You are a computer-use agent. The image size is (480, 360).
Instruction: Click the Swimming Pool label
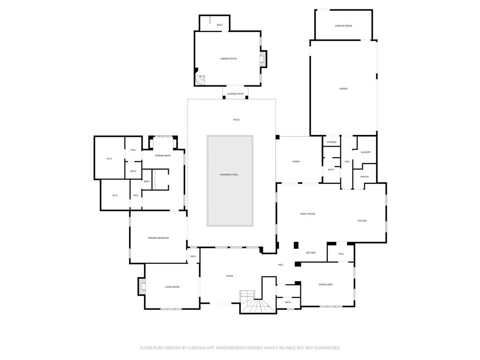click(x=229, y=174)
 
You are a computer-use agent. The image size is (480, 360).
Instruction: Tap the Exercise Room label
click(x=344, y=26)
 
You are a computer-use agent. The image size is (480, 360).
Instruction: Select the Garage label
click(x=344, y=89)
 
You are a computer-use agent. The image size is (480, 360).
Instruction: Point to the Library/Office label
click(x=228, y=59)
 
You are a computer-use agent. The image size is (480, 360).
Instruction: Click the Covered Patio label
click(x=235, y=94)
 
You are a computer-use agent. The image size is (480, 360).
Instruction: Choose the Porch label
click(x=296, y=162)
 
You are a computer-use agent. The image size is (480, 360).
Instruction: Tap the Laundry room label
click(x=366, y=152)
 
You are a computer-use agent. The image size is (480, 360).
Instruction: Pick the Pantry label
click(x=365, y=177)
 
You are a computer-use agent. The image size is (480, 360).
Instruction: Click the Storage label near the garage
click(x=331, y=142)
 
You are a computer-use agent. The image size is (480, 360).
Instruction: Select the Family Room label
click(x=307, y=214)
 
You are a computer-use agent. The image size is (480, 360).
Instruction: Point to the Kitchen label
click(x=362, y=221)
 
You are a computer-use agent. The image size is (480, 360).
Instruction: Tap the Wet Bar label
click(x=311, y=253)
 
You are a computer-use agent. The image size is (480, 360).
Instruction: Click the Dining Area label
click(x=326, y=285)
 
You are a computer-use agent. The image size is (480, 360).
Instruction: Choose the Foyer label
click(x=230, y=276)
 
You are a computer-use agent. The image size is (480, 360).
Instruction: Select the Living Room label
click(x=172, y=287)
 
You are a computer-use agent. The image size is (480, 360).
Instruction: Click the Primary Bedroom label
click(x=158, y=238)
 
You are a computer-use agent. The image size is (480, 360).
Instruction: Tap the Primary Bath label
click(x=163, y=155)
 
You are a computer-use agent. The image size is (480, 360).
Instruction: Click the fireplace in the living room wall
click(x=142, y=286)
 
